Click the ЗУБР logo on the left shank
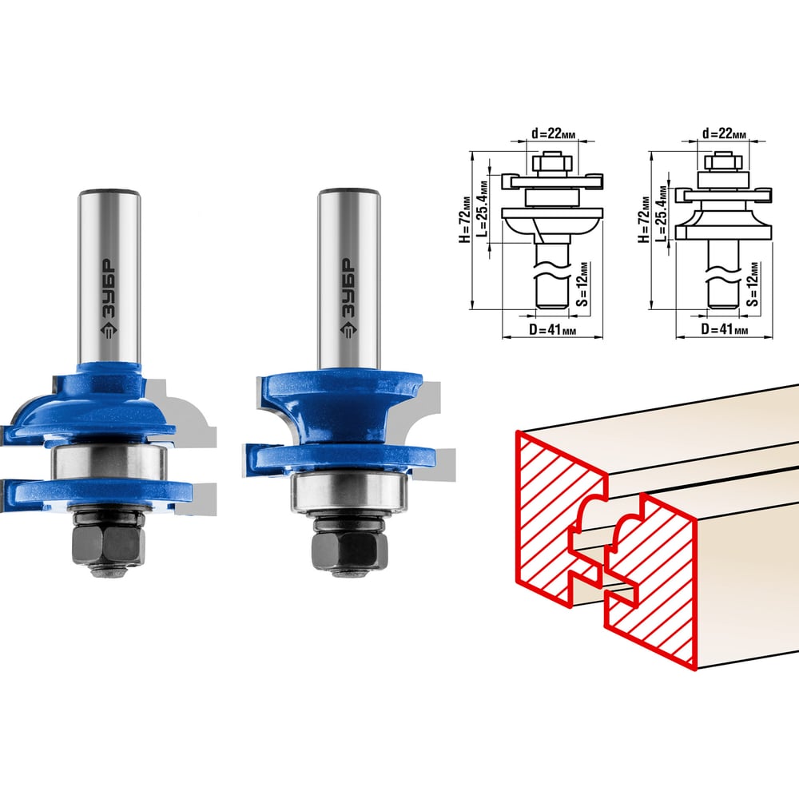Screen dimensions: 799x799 (x=109, y=298)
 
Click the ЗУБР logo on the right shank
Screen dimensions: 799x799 (x=348, y=298)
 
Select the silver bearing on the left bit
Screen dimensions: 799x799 (x=109, y=462)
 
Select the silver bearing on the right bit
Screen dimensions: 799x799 (x=350, y=493)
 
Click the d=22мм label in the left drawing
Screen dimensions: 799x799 (x=554, y=133)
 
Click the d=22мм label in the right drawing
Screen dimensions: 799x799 (x=724, y=133)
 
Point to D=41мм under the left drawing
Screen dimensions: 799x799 (x=552, y=330)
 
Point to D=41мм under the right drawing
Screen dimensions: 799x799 (x=724, y=329)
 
